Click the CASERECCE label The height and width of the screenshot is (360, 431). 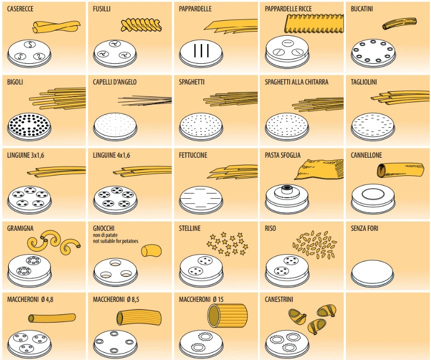[x=20, y=9]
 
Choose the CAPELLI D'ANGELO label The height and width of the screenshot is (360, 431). [x=115, y=82]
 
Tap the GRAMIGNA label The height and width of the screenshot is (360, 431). [x=20, y=228]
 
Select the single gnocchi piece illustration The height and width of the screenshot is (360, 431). [x=151, y=251]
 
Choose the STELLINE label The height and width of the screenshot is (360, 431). [x=190, y=228]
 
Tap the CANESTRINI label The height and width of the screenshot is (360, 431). [x=280, y=300]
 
